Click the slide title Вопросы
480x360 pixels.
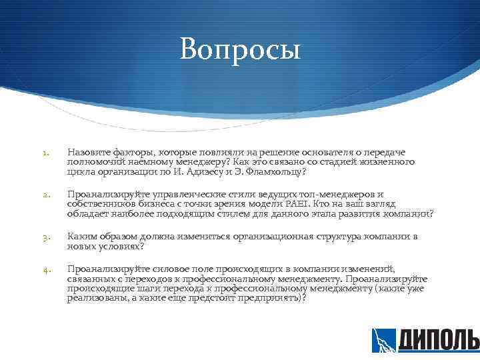(x=240, y=49)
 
